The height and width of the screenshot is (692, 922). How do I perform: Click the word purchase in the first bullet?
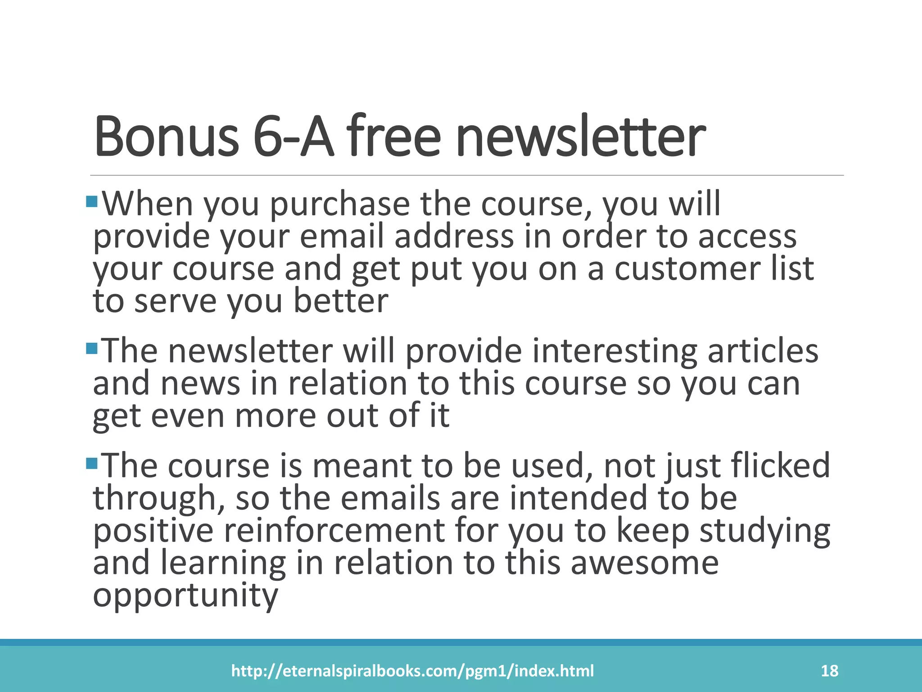(340, 205)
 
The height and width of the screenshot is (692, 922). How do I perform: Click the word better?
(341, 301)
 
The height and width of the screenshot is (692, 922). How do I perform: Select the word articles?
(763, 351)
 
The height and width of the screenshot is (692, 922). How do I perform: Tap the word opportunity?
(185, 596)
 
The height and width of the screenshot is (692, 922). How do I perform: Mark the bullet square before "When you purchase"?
(91, 201)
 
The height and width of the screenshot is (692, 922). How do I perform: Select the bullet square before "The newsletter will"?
(91, 348)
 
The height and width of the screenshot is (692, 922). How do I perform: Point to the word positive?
(153, 532)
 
